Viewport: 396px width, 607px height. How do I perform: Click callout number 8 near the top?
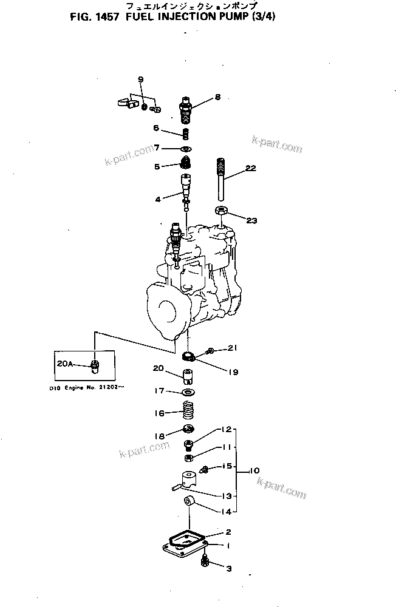point(217,97)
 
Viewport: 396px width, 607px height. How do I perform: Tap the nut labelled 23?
point(221,212)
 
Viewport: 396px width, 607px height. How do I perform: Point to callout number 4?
point(158,198)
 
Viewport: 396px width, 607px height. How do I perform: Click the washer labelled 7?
point(186,148)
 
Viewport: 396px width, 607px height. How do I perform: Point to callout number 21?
point(231,348)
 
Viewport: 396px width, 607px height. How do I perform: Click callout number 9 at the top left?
point(140,80)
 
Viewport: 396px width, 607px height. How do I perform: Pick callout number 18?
point(159,436)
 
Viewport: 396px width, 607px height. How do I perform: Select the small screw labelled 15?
point(205,469)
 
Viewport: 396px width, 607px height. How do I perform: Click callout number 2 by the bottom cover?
point(228,532)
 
